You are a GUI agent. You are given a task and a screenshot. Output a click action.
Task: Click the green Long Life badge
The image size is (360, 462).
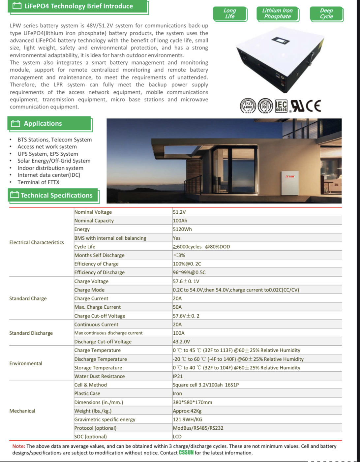[x=230, y=14]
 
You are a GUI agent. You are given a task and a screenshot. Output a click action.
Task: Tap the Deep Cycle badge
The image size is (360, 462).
[x=326, y=14]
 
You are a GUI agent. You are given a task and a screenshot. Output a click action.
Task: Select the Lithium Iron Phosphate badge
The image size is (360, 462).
[x=277, y=14]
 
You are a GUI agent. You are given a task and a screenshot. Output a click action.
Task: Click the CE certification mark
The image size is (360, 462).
[x=313, y=106]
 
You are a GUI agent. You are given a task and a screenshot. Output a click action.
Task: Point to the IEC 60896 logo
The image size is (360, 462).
[x=281, y=106]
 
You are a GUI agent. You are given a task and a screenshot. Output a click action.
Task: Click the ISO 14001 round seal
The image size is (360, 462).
[x=248, y=106]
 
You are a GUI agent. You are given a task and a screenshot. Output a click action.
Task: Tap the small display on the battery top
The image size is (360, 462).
[x=281, y=41]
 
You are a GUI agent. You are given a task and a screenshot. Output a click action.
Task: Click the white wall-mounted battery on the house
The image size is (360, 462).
[x=289, y=182]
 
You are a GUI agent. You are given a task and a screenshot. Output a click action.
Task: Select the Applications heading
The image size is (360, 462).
[x=43, y=124]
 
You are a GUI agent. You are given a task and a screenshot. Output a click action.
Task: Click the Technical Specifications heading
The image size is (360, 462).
[x=56, y=196]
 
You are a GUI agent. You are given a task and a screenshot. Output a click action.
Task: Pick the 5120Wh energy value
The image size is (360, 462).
[x=182, y=229]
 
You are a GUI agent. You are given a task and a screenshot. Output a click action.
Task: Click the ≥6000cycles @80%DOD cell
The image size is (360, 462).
[x=201, y=247]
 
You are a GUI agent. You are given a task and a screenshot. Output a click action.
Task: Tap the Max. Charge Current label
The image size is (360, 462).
[x=97, y=307]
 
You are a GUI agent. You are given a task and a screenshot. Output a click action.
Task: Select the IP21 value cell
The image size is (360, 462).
[x=178, y=376]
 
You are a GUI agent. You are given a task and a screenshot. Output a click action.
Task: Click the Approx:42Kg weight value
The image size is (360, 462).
[x=187, y=411]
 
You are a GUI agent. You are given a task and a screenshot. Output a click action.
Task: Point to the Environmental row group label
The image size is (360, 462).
[x=26, y=363]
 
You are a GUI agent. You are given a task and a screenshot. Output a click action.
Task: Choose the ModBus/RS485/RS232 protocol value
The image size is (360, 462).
[x=198, y=428]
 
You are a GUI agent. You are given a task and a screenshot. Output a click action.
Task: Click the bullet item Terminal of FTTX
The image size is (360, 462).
[x=38, y=182]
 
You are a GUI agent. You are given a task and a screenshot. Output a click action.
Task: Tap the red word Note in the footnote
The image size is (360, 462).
[x=18, y=446]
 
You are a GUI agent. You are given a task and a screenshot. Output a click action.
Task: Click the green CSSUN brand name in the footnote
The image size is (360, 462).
[x=186, y=453]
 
